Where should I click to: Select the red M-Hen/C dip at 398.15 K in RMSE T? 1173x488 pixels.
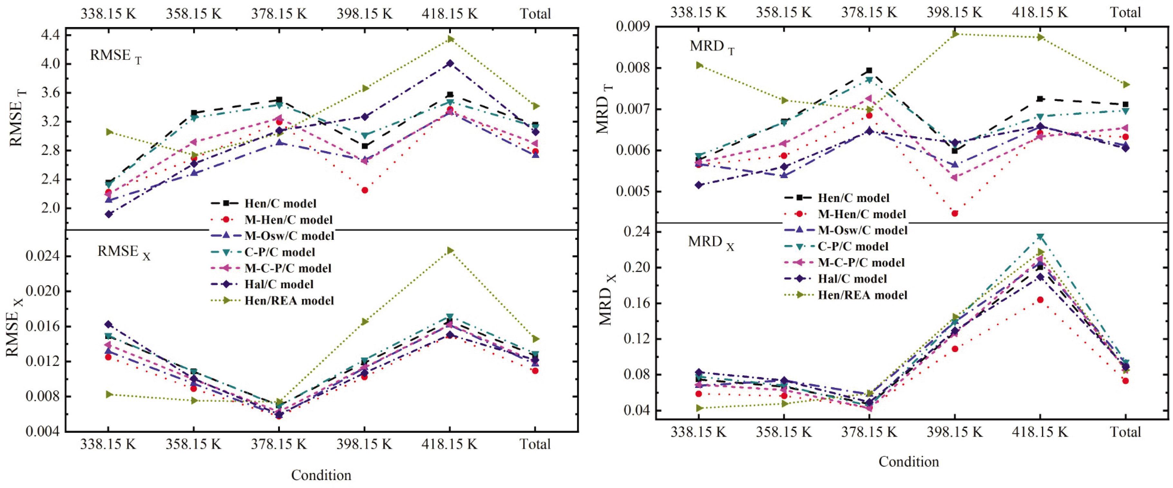[x=365, y=190]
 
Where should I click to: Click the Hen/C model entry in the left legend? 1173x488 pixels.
[x=280, y=203]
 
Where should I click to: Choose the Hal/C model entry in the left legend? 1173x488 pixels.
[x=279, y=285]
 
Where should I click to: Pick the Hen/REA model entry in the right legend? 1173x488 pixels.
[x=862, y=295]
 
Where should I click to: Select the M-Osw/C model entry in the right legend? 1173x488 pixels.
[x=862, y=230]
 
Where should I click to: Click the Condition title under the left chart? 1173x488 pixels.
[x=321, y=475]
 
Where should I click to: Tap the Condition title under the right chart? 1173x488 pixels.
[x=909, y=462]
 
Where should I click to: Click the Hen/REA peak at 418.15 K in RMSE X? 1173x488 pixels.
[x=450, y=250]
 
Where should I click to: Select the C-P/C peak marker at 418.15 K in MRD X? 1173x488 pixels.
[x=1040, y=237]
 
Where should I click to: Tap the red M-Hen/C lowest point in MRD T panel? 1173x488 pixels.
[x=954, y=213]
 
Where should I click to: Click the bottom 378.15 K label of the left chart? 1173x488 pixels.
[x=279, y=444]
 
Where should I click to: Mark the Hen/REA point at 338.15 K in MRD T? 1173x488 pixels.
[x=699, y=65]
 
